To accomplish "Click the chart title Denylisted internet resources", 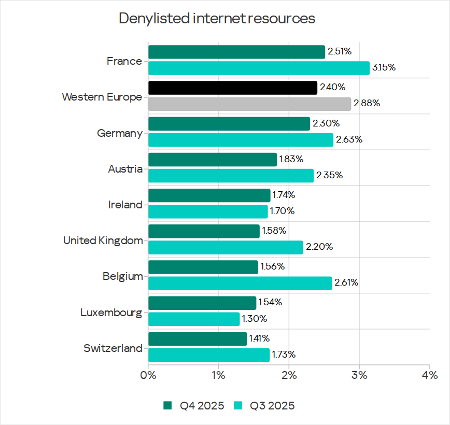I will [x=217, y=19].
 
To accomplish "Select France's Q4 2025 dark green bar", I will [x=236, y=52].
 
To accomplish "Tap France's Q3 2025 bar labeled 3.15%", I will [x=259, y=68].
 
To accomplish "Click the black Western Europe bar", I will [x=233, y=88].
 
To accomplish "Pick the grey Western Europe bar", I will [x=249, y=104].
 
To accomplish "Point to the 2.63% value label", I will [x=349, y=139].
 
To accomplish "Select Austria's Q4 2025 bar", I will [x=213, y=160].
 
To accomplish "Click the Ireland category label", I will [x=125, y=205].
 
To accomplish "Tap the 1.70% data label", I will [x=283, y=211].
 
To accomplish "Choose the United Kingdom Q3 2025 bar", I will [x=226, y=247].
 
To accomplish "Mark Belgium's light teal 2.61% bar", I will [x=240, y=283].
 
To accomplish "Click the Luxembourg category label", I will [x=111, y=313].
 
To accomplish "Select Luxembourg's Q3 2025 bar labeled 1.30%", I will [x=194, y=319].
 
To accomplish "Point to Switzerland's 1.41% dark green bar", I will [x=198, y=338].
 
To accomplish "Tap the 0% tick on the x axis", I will [x=148, y=375].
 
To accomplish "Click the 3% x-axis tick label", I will [x=359, y=375].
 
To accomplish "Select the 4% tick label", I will [x=429, y=375].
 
